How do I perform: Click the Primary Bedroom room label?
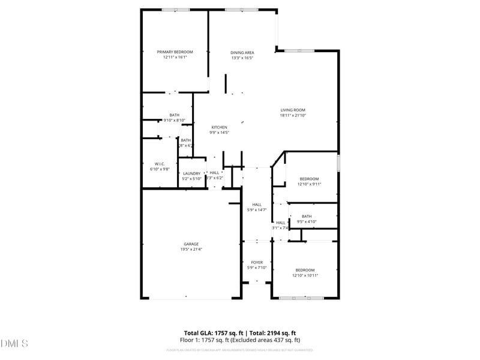pos(175,52)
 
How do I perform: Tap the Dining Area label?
pos(242,53)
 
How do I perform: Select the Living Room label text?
pos(293,110)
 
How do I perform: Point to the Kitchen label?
pos(218,127)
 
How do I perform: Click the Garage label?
pos(191,244)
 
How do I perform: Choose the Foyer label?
pos(257,262)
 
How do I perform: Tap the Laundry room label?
pos(191,173)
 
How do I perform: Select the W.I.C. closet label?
pos(160,164)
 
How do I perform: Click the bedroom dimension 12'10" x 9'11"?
pos(309,184)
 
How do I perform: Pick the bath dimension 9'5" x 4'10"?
pos(306,222)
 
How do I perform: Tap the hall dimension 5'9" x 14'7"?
pos(257,210)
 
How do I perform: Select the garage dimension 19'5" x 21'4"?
pos(191,249)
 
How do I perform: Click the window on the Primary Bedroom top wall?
pos(176,10)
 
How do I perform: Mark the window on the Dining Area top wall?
pos(242,10)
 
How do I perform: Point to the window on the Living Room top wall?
pos(299,51)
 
